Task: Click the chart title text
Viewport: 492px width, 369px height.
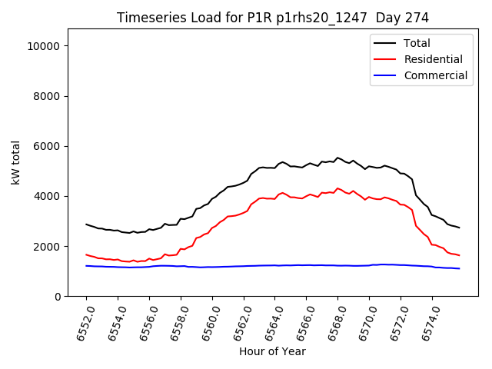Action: (272, 18)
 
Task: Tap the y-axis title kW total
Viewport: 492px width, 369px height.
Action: (15, 162)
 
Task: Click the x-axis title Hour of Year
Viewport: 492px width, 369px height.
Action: (272, 351)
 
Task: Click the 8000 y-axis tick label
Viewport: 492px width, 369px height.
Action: (48, 96)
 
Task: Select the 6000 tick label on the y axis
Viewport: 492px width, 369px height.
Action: (48, 146)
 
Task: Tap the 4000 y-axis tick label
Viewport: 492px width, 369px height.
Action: (48, 196)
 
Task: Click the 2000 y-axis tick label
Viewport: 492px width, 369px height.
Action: (48, 246)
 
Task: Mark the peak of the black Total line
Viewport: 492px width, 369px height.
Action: (337, 158)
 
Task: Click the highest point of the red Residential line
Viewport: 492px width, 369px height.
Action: (337, 188)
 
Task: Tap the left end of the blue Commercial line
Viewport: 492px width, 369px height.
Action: (86, 266)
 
